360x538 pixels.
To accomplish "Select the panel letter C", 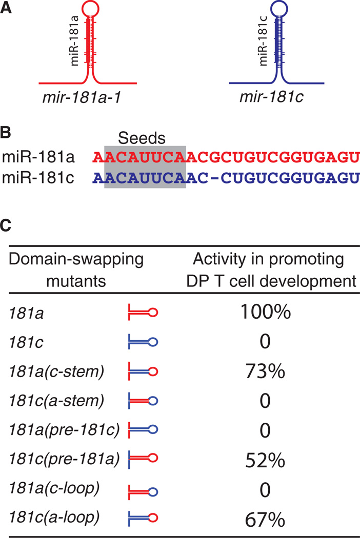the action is coord(7,225).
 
